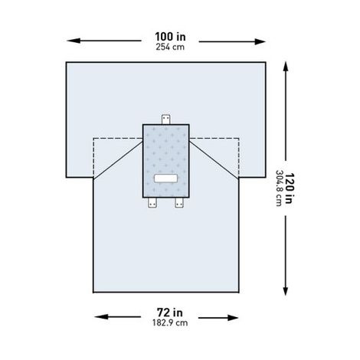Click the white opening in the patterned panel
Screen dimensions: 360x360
click(x=165, y=178)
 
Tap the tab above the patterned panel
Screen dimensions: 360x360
click(x=165, y=118)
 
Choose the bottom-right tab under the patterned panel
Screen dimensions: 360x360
click(x=180, y=202)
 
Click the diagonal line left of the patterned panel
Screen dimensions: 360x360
click(x=118, y=158)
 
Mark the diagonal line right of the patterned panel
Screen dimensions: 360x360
click(x=213, y=158)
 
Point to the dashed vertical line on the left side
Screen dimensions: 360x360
click(x=93, y=157)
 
